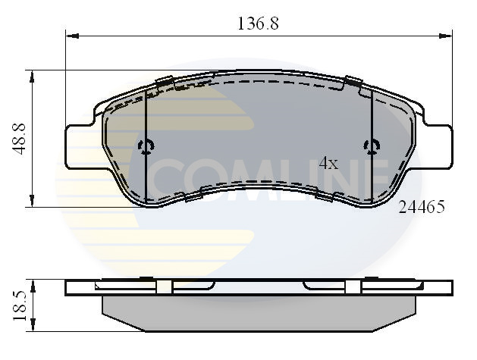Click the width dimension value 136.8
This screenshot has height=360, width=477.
(259, 23)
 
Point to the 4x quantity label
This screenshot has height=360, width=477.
(328, 163)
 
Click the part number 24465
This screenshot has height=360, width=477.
(421, 205)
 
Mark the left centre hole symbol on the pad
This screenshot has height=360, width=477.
(146, 146)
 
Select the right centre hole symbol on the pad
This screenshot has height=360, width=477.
(371, 146)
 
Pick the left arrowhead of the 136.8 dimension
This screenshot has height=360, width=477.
(71, 35)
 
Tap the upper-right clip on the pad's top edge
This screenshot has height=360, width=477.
(353, 82)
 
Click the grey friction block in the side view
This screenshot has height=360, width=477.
(259, 312)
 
